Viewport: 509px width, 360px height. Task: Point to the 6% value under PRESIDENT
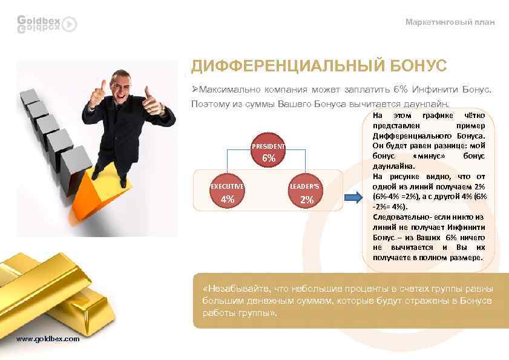tap(269, 159)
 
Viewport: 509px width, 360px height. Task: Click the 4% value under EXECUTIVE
tap(228, 199)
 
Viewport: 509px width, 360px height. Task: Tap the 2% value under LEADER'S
tap(307, 199)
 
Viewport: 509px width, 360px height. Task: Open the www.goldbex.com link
tap(48, 339)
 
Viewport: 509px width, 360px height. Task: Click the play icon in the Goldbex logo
tap(70, 24)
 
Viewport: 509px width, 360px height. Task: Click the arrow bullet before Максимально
tap(195, 90)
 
